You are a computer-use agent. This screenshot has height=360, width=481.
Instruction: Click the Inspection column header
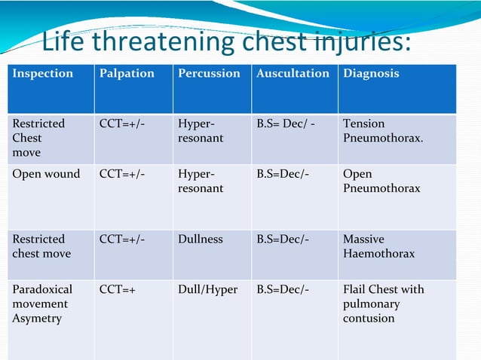[x=43, y=74]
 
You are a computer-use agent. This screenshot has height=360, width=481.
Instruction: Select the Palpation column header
[x=127, y=74]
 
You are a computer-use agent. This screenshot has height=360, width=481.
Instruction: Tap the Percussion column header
[x=209, y=74]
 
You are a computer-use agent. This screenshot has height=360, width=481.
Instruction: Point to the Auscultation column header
[x=293, y=74]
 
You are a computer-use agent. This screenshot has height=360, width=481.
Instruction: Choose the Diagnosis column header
[x=371, y=74]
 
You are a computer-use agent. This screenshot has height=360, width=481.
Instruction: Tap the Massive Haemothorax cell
[x=378, y=246]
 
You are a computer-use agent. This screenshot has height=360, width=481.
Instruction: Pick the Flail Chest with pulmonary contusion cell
[x=383, y=304]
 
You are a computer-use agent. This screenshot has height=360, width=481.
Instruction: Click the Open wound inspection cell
[x=46, y=174]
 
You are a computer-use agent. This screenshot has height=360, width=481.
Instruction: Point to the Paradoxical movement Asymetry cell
[x=42, y=304]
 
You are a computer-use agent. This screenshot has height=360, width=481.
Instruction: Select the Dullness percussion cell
[x=201, y=239]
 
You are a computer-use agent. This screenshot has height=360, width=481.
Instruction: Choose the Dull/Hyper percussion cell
[x=207, y=290]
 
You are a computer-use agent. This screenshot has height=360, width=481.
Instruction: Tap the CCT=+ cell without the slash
[x=118, y=290]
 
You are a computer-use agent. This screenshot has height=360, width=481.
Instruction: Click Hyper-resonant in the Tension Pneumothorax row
[x=201, y=131]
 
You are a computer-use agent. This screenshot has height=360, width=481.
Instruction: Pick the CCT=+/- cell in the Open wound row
[x=122, y=174]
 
